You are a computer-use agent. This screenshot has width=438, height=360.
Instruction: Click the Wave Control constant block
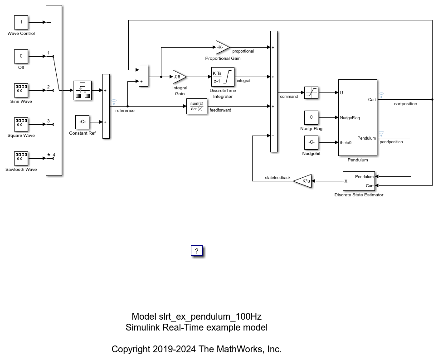(21, 22)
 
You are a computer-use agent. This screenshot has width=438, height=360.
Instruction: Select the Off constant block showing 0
(21, 56)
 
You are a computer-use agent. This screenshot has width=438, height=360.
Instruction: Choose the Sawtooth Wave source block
(21, 158)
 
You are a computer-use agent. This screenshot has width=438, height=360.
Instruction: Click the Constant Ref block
(82, 122)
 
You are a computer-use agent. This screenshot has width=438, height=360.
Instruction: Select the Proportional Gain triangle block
(222, 47)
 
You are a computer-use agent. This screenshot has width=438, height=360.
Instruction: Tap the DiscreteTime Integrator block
(223, 77)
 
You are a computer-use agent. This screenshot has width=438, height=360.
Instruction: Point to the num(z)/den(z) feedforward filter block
(197, 106)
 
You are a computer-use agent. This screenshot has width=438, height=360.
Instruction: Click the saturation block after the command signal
(311, 92)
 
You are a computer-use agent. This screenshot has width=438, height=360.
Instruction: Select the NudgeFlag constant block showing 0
(311, 117)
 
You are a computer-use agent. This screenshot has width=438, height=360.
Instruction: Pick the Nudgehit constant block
(311, 142)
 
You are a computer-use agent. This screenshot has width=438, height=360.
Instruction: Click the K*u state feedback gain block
(303, 181)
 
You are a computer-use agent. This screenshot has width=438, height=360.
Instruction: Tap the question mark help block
(197, 251)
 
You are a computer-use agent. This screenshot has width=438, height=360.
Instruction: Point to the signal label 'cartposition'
(405, 104)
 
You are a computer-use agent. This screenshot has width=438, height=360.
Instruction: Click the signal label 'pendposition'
(391, 142)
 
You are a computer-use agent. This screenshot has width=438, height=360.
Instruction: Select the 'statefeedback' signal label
(277, 178)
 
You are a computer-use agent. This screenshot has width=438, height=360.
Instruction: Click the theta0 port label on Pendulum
(346, 142)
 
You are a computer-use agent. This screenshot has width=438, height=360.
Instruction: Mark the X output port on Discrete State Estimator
(346, 181)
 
